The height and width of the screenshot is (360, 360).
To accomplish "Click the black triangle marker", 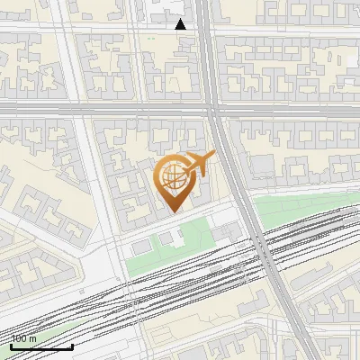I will [181, 24].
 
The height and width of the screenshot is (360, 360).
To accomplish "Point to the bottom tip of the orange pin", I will [173, 212].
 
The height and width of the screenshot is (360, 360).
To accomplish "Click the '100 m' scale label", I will [23, 338].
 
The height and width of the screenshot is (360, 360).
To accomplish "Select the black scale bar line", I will [41, 346].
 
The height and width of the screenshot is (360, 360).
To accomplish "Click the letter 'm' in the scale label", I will [32, 338].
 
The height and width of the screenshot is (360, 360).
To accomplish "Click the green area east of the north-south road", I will [288, 211].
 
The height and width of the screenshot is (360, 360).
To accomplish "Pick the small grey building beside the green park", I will [141, 247].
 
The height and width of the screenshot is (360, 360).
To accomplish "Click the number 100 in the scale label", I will [19, 338].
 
